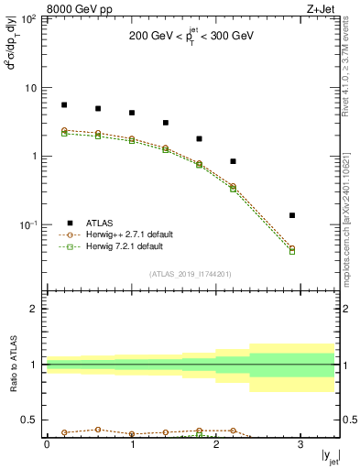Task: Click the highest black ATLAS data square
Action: coord(64,105)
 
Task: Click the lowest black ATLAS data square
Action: coord(292,215)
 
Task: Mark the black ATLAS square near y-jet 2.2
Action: coord(234,161)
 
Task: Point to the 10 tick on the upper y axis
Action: coord(31,88)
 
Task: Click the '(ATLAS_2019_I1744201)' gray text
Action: coord(191,274)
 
